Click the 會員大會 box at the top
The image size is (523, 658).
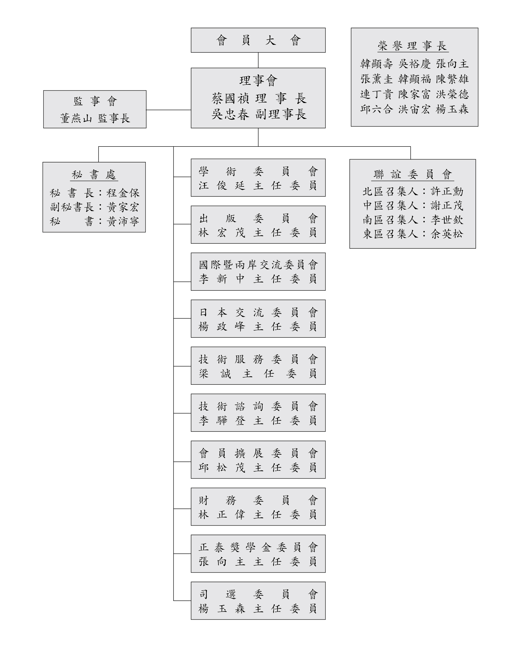click(258, 40)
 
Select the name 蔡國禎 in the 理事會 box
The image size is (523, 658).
click(231, 99)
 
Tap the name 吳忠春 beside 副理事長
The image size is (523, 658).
click(231, 114)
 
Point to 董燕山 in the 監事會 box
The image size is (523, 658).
click(76, 118)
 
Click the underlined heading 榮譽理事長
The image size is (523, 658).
click(412, 46)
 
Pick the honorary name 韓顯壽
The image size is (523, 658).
click(376, 64)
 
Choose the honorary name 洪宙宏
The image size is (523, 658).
click(414, 109)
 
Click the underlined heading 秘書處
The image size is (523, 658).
click(94, 175)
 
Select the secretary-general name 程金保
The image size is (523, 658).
click(123, 193)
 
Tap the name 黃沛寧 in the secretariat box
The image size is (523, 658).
click(123, 221)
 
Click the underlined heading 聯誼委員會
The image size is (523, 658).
click(413, 175)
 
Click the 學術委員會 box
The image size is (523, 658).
click(258, 178)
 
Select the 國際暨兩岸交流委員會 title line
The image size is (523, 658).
click(258, 265)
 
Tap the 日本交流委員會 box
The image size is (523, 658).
click(258, 319)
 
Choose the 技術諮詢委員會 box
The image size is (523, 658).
click(258, 413)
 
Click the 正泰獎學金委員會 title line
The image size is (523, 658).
click(258, 547)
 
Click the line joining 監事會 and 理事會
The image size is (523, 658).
click(169, 110)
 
